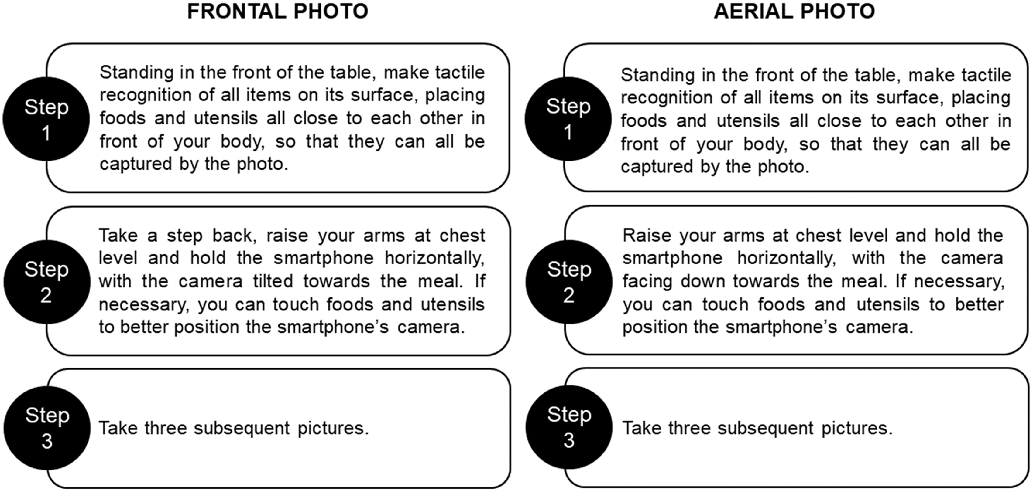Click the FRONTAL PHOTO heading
(x=277, y=11)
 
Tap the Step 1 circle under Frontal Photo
(x=46, y=119)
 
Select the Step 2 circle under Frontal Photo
(x=47, y=282)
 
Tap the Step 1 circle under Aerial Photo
(x=568, y=119)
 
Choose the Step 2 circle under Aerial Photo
(x=569, y=282)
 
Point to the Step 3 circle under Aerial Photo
(x=569, y=427)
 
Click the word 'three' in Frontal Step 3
(x=165, y=428)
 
